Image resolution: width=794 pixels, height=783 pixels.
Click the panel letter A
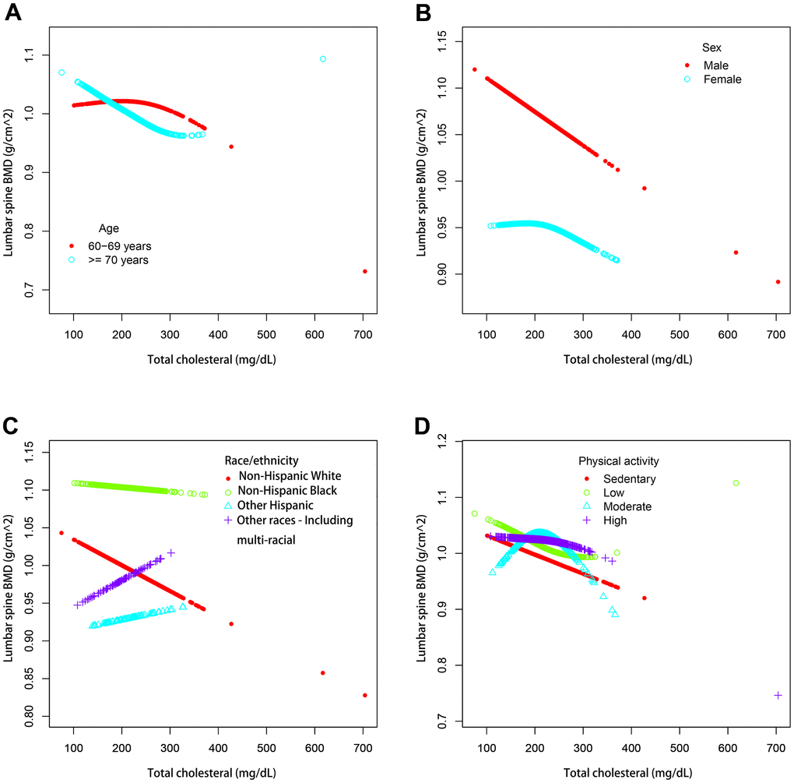(x=12, y=14)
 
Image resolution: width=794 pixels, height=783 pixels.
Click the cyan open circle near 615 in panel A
(x=323, y=58)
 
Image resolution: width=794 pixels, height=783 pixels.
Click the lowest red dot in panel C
(x=364, y=695)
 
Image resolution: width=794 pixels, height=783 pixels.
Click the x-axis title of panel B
(x=631, y=361)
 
